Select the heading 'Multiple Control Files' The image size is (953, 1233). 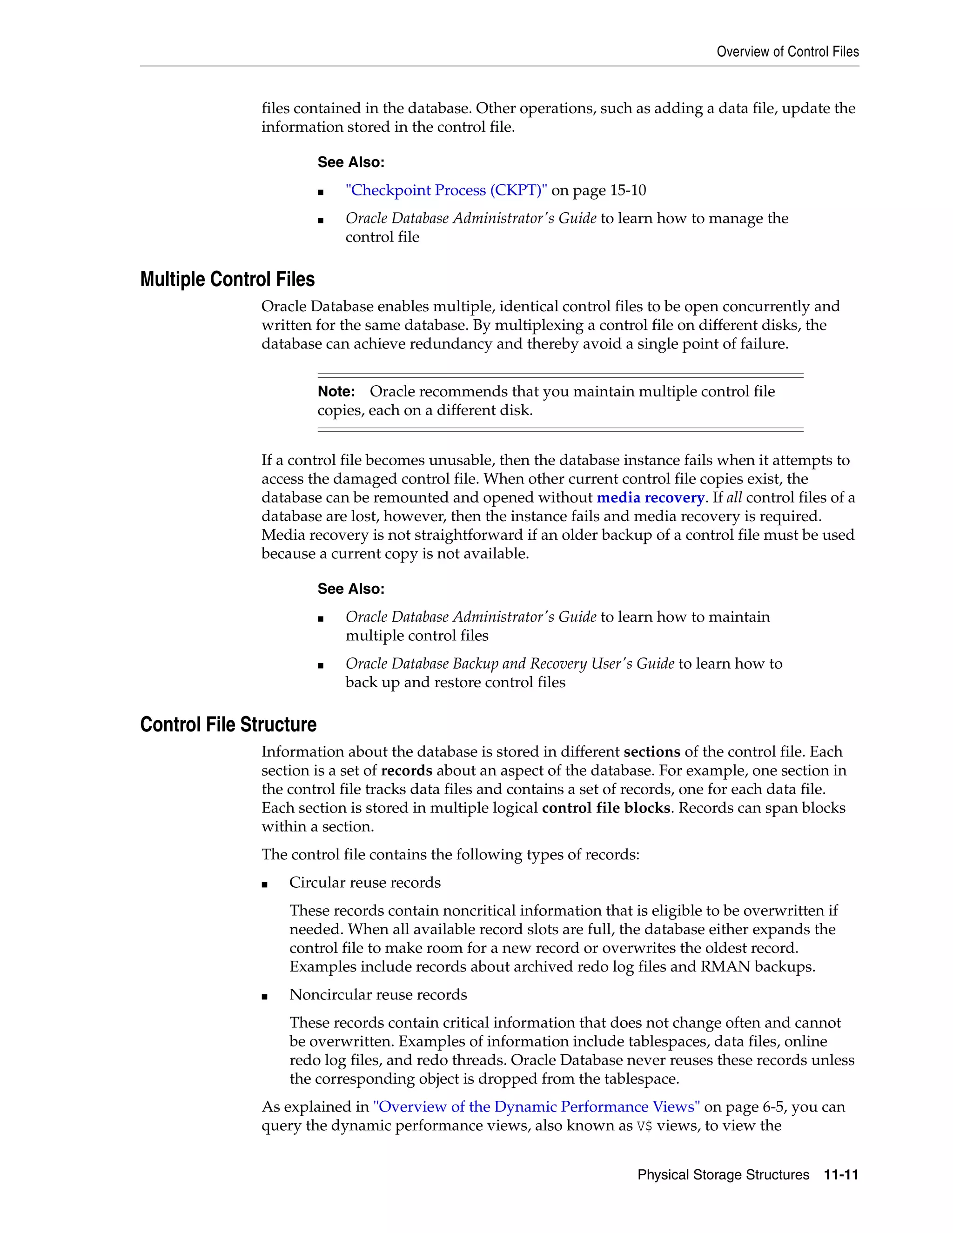227,280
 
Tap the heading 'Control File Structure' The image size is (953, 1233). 228,724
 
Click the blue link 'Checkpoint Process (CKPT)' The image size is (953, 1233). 446,190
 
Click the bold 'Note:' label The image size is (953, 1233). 336,391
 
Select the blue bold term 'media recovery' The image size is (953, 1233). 651,497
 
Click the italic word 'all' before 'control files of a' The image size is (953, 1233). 734,497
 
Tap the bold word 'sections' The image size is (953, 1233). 651,752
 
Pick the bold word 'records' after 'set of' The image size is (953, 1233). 407,771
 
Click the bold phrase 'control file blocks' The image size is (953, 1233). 606,808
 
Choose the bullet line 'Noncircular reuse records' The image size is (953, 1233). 378,994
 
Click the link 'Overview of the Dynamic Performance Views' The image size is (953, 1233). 537,1106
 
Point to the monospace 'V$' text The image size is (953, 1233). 644,1126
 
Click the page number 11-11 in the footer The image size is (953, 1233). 841,1175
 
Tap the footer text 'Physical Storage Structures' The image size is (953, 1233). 723,1175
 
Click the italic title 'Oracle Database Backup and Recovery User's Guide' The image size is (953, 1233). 510,663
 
